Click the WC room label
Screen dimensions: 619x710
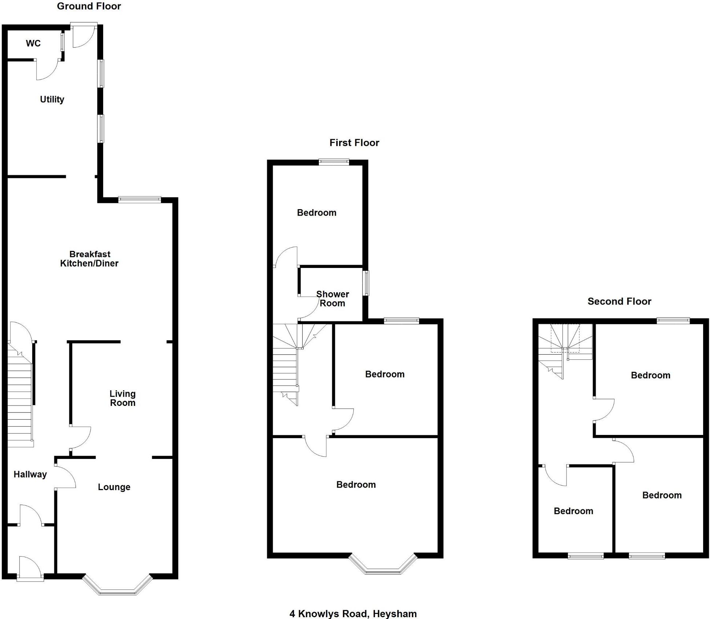33,44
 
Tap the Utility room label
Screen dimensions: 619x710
52,99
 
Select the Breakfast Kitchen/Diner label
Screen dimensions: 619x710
89,259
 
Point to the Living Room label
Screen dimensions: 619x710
123,398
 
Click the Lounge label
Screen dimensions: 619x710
114,487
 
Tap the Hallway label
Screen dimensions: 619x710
30,475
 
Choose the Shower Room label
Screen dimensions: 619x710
332,299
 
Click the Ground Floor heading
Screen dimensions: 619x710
89,6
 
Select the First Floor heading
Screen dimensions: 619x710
354,143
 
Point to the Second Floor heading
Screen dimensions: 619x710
619,301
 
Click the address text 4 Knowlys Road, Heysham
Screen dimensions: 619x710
353,614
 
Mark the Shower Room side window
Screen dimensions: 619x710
367,283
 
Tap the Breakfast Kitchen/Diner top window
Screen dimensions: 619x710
139,199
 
